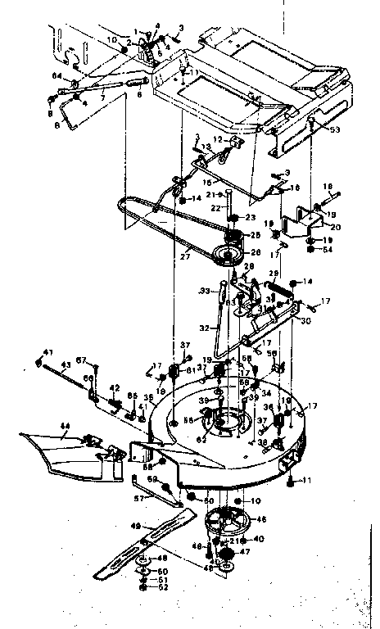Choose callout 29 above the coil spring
274,273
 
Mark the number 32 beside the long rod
204,328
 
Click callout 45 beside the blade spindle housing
261,518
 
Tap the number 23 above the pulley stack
251,217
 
